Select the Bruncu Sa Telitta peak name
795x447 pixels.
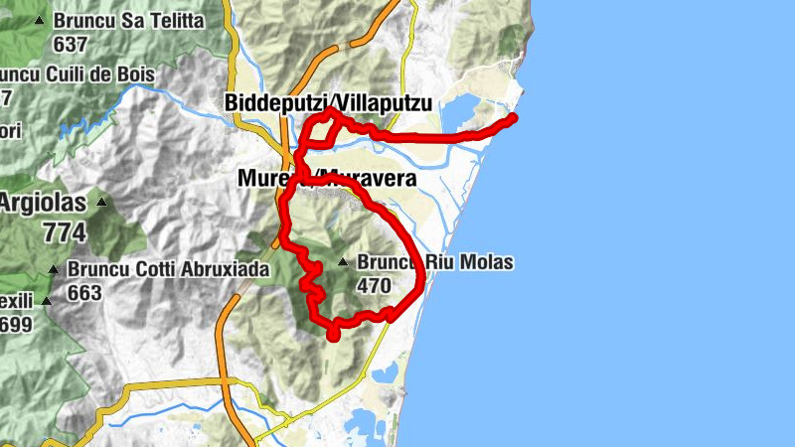click(129, 21)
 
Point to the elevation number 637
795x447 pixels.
click(72, 44)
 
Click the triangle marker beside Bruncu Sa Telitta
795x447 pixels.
click(40, 21)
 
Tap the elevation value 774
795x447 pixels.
click(65, 233)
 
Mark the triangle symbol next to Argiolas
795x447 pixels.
click(101, 203)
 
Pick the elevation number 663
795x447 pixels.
click(85, 293)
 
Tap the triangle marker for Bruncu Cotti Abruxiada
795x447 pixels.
click(53, 269)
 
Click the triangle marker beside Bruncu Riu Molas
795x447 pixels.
click(343, 263)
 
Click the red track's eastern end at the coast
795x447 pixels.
click(513, 118)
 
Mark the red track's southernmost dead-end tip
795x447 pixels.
click(333, 335)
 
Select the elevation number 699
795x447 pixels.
click(15, 325)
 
